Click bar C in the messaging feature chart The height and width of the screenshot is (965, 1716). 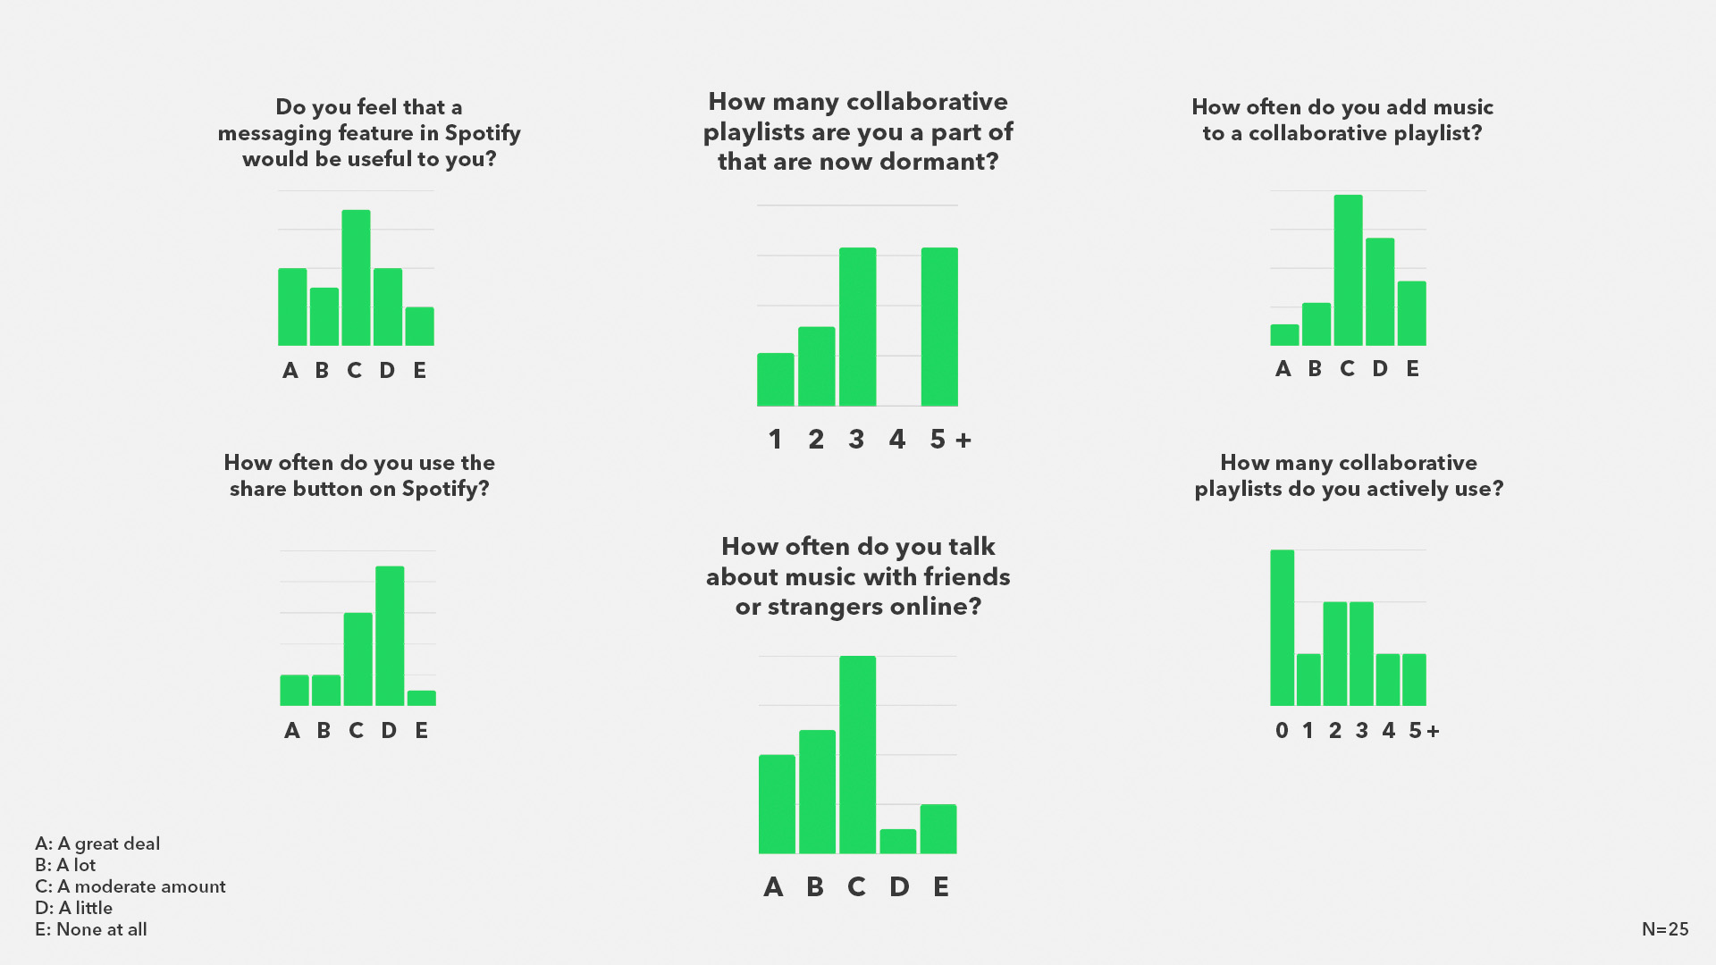(x=356, y=278)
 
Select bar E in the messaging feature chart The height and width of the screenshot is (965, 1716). (x=419, y=326)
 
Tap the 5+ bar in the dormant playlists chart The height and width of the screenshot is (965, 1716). (x=939, y=327)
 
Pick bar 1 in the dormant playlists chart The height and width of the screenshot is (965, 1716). (x=776, y=380)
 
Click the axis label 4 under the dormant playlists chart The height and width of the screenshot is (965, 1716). (x=897, y=439)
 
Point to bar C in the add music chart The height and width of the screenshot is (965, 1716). (x=1348, y=270)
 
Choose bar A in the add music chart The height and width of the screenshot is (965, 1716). (x=1284, y=335)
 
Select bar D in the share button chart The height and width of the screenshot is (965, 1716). (x=390, y=635)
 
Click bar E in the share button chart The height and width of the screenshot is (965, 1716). (x=421, y=698)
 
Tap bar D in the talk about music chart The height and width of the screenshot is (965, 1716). (x=898, y=842)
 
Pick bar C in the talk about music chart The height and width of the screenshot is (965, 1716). (x=857, y=755)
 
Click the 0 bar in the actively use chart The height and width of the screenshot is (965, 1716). (x=1282, y=627)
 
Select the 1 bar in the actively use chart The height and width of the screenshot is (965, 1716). (x=1308, y=680)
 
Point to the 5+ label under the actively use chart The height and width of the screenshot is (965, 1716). (x=1424, y=730)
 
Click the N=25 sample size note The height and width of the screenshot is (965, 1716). (x=1665, y=929)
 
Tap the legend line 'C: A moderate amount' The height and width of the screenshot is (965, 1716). (x=130, y=886)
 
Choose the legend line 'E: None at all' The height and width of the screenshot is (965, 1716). (x=91, y=929)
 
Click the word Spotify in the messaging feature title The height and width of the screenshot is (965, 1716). (x=483, y=133)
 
